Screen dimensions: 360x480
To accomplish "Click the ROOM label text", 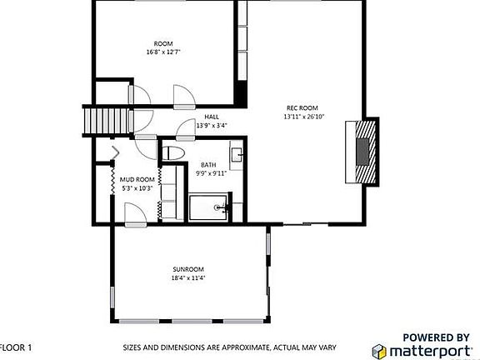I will click(162, 43).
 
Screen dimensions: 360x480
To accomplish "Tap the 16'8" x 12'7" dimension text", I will click(162, 52).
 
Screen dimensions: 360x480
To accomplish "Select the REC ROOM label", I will click(302, 107).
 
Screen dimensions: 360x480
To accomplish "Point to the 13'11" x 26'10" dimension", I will click(302, 117).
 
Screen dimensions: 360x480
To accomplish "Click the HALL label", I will click(211, 117).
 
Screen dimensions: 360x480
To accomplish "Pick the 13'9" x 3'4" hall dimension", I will click(211, 126).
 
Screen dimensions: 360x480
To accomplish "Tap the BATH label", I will click(208, 165).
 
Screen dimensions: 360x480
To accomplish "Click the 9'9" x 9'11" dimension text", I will click(211, 174).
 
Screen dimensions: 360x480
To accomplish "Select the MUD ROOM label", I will click(137, 179).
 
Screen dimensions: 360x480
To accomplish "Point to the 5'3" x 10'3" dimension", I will click(137, 188).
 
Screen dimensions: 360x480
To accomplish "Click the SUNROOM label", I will click(188, 269).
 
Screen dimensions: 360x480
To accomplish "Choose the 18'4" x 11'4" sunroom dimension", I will click(188, 278).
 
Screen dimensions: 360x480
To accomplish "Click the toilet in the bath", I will click(173, 153).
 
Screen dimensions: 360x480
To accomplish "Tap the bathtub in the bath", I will click(208, 206).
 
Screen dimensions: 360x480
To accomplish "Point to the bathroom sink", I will click(237, 155).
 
